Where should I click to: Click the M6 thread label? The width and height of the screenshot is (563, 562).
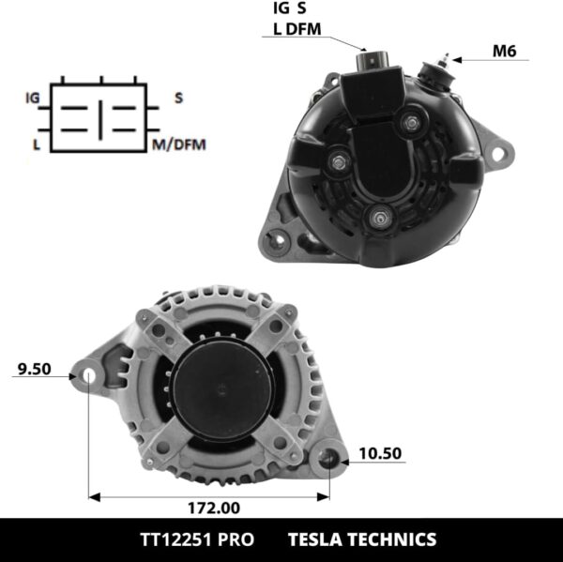click(x=505, y=52)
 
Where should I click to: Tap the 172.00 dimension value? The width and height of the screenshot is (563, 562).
click(x=212, y=508)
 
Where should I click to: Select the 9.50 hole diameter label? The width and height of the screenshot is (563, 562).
click(x=34, y=369)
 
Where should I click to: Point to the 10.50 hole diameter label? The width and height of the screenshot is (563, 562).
click(x=379, y=453)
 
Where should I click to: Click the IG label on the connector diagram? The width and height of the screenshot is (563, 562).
click(x=33, y=98)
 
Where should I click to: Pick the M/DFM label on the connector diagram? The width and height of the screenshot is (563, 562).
click(x=178, y=144)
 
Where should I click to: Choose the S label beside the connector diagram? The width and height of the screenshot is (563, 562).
click(x=178, y=98)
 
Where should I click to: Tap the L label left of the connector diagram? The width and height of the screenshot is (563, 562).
click(x=36, y=144)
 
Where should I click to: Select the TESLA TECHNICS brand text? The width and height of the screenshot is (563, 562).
click(x=361, y=539)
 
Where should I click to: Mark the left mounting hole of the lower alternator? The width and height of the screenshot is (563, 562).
click(x=88, y=376)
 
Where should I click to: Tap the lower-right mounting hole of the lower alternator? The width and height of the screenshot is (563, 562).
click(x=328, y=459)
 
